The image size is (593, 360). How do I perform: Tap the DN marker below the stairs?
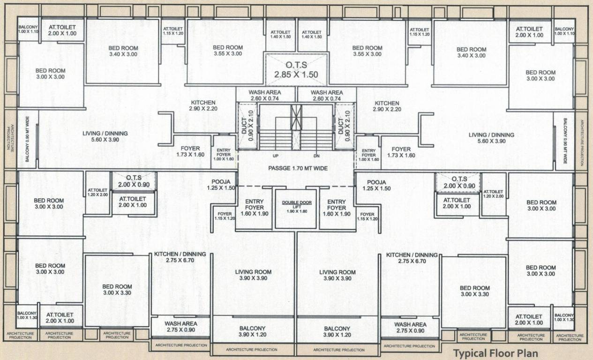tap(316, 156)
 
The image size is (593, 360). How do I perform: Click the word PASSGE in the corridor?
tap(280, 168)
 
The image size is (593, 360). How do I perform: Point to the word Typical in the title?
tap(472, 353)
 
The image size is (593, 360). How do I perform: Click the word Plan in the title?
tap(527, 353)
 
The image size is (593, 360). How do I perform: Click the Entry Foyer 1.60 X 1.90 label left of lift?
tap(255, 207)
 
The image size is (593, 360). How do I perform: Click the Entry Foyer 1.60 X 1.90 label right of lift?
tap(337, 207)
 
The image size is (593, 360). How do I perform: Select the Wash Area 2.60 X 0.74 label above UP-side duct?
tap(266, 96)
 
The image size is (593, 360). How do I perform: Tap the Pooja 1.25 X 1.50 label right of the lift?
tap(376, 185)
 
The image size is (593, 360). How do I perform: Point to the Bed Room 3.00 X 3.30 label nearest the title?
tap(474, 291)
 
